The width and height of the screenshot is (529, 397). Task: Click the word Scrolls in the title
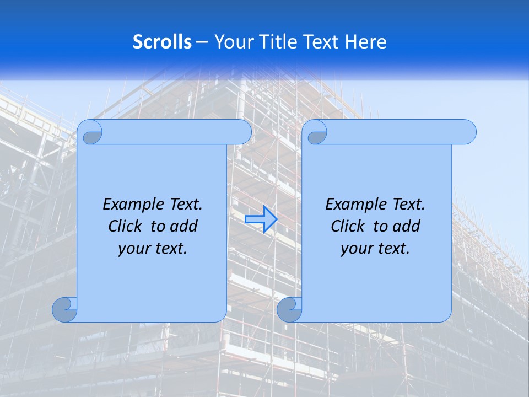[162, 42]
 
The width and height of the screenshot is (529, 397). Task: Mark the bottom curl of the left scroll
[65, 309]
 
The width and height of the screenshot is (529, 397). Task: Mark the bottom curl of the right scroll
[289, 309]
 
